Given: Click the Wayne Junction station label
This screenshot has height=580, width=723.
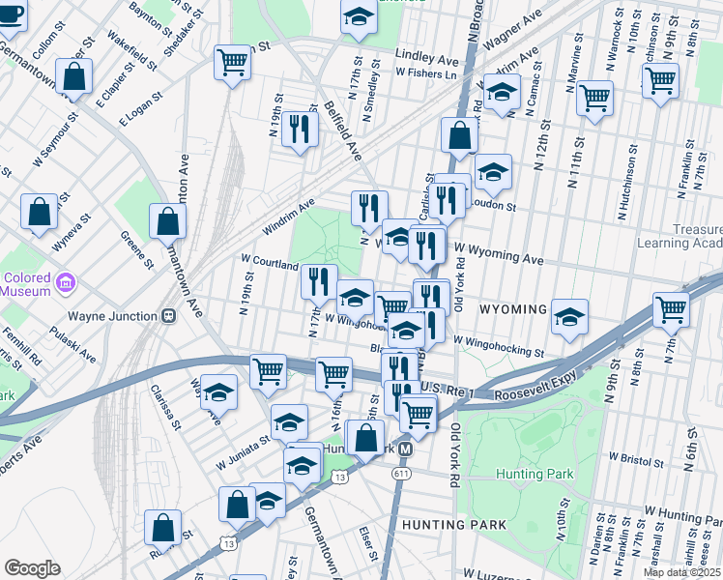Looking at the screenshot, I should click(112, 315).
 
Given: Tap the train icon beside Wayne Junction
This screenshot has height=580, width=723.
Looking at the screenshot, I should click(168, 315).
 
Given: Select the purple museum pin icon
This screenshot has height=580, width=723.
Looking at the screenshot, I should click(66, 284).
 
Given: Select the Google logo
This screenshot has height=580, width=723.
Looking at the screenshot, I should click(32, 567).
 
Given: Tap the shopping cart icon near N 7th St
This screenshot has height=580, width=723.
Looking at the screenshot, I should click(671, 309).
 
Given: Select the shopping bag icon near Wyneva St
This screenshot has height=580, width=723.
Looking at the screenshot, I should click(39, 214).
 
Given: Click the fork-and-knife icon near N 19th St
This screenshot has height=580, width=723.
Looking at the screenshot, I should click(300, 130).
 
